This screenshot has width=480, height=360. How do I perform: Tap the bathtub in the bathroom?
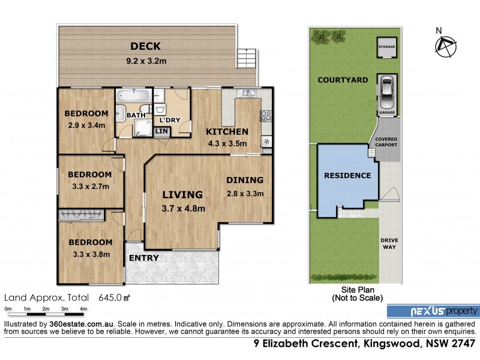pyautogui.click(x=134, y=96)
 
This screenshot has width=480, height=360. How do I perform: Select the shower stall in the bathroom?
pyautogui.click(x=142, y=126)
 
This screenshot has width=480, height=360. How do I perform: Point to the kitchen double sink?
pyautogui.click(x=247, y=93)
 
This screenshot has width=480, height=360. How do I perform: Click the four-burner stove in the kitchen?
pyautogui.click(x=266, y=115)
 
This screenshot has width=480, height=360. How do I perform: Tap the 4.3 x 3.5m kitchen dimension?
pyautogui.click(x=227, y=143)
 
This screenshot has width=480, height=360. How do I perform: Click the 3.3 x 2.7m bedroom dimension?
pyautogui.click(x=89, y=187)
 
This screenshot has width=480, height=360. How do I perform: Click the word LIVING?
pyautogui.click(x=182, y=194)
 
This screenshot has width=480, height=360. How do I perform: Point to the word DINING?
pyautogui.click(x=244, y=180)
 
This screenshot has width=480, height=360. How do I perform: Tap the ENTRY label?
pyautogui.click(x=144, y=258)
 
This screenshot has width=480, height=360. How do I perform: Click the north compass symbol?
pyautogui.click(x=445, y=46)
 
